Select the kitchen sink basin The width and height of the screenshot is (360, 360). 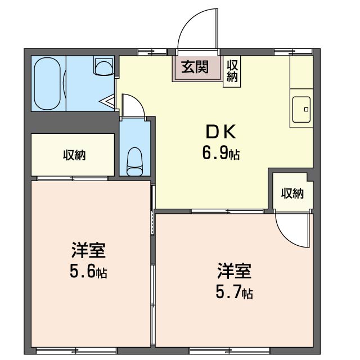pyautogui.click(x=301, y=106)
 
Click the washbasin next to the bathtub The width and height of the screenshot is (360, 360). pyautogui.click(x=103, y=67)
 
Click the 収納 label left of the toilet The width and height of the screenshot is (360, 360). pyautogui.click(x=74, y=155)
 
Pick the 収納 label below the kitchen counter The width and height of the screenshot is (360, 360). pyautogui.click(x=292, y=193)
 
